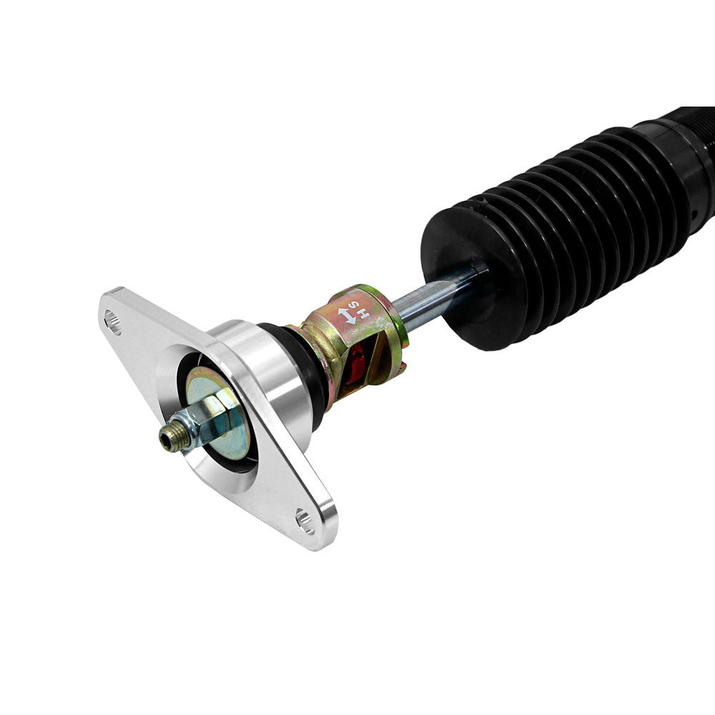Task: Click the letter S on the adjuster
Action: tap(355, 305)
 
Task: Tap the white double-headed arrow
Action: tap(347, 316)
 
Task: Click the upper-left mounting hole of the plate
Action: tap(113, 322)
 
